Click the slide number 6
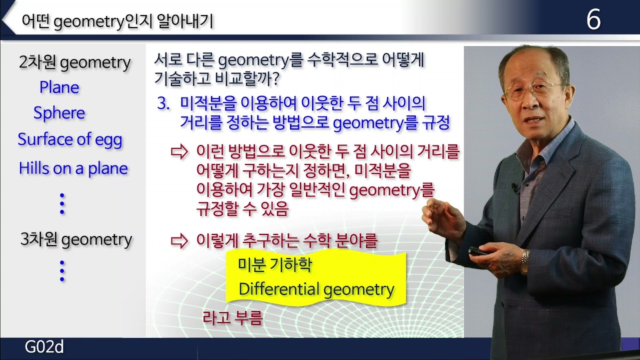[x=593, y=20]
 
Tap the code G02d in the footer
[x=45, y=347]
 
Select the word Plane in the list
[x=59, y=88]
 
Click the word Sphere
[x=59, y=113]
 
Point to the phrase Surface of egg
[x=70, y=139]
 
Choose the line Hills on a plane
[x=73, y=168]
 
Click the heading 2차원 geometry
[x=75, y=63]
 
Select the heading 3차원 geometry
[x=76, y=240]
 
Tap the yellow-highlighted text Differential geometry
[x=316, y=289]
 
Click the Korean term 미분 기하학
[x=275, y=265]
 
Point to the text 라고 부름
[x=232, y=318]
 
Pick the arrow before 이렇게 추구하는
[x=178, y=241]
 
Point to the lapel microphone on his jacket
[x=514, y=187]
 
